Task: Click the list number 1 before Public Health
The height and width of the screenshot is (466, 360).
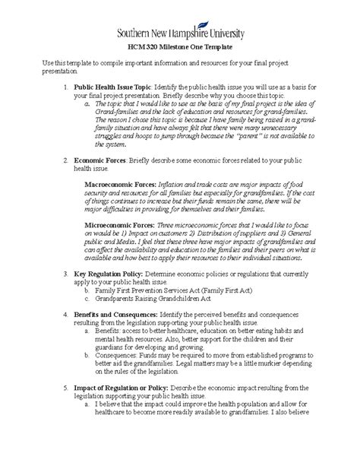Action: click(x=65, y=88)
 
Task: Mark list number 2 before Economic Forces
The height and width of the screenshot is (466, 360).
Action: click(x=65, y=162)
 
